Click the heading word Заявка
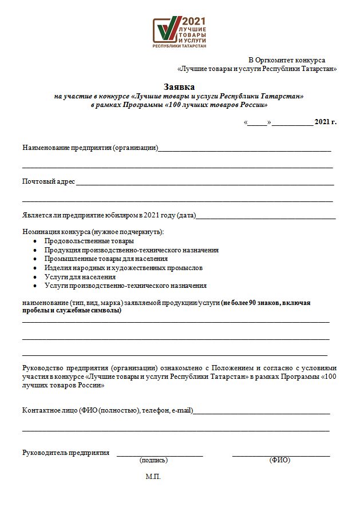click(179, 87)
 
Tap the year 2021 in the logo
click(193, 21)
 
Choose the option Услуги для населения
click(76, 276)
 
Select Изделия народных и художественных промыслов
click(123, 268)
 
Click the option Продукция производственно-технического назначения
click(131, 250)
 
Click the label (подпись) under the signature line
click(153, 460)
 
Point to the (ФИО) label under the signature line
click(280, 460)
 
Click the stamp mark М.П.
click(153, 476)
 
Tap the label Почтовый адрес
click(49, 181)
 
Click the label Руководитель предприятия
click(66, 453)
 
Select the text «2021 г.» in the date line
click(326, 122)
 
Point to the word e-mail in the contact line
click(181, 410)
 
